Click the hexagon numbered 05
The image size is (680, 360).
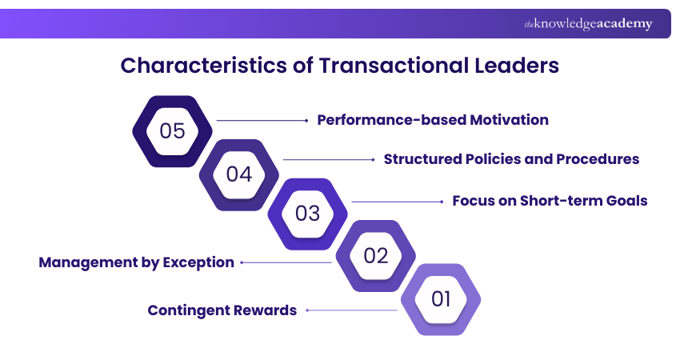(x=172, y=131)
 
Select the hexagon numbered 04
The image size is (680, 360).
(x=239, y=173)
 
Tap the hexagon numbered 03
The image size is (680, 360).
(x=307, y=214)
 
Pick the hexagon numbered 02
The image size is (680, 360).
(x=375, y=256)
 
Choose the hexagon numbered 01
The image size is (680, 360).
(x=442, y=299)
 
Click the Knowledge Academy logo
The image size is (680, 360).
(x=588, y=24)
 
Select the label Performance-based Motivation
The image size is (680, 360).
(x=433, y=120)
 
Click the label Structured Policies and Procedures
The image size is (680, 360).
(x=511, y=159)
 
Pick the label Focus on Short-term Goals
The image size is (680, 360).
(x=550, y=201)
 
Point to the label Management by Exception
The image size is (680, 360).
(x=137, y=262)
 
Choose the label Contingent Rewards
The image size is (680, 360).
(x=222, y=310)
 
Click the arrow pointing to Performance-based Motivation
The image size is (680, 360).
(x=262, y=120)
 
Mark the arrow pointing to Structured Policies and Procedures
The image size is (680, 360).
(x=329, y=160)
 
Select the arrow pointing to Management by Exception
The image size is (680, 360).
(x=286, y=262)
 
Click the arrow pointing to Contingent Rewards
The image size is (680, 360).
(x=351, y=310)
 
